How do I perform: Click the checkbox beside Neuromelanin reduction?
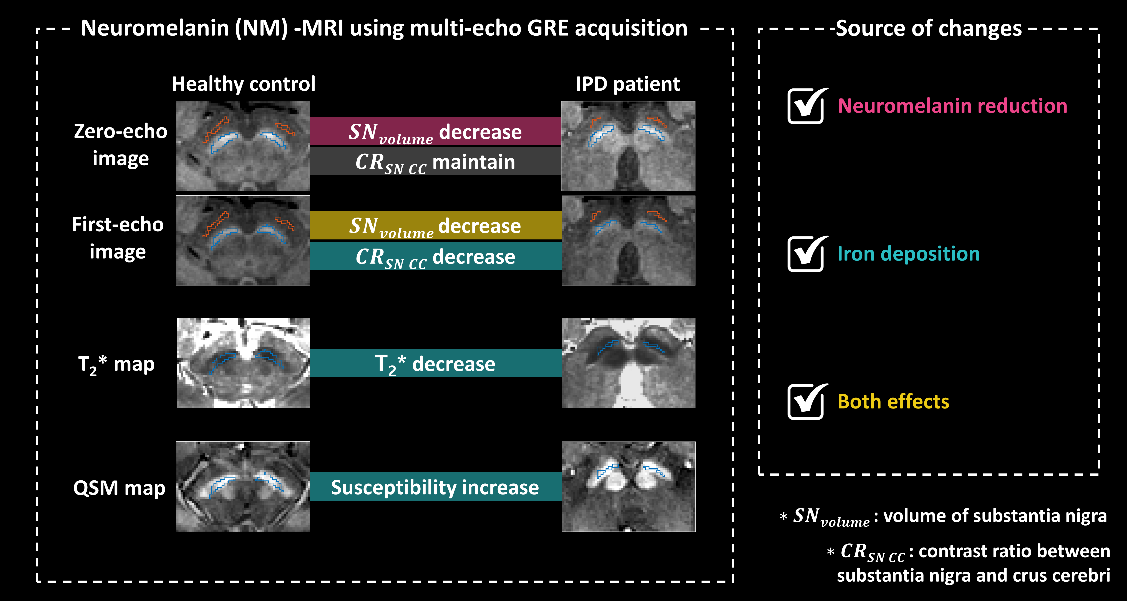[x=806, y=106]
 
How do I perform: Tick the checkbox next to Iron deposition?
[x=806, y=254]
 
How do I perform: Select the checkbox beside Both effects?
[x=806, y=402]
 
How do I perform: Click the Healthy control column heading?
[x=244, y=84]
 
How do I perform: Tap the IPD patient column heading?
[x=627, y=84]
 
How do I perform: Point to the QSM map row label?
[x=119, y=488]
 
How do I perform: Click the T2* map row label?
[x=116, y=364]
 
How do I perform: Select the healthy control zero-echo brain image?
[x=243, y=146]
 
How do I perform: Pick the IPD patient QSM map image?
[x=628, y=486]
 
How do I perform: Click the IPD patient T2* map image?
[x=628, y=363]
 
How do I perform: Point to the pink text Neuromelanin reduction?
[x=952, y=106]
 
